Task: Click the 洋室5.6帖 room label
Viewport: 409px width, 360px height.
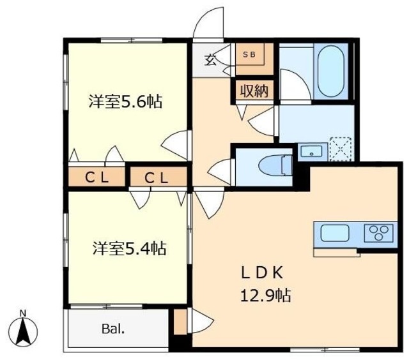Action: click(125, 101)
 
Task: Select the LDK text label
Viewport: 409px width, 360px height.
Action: click(261, 273)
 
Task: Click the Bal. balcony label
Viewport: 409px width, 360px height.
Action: click(112, 330)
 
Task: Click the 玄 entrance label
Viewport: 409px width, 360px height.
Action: click(210, 60)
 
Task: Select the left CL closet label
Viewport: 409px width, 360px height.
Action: click(97, 178)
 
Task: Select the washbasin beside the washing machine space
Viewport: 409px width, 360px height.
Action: click(311, 151)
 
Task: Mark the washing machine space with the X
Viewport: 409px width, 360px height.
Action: click(341, 150)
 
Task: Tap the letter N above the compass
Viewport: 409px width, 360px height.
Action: click(23, 313)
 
